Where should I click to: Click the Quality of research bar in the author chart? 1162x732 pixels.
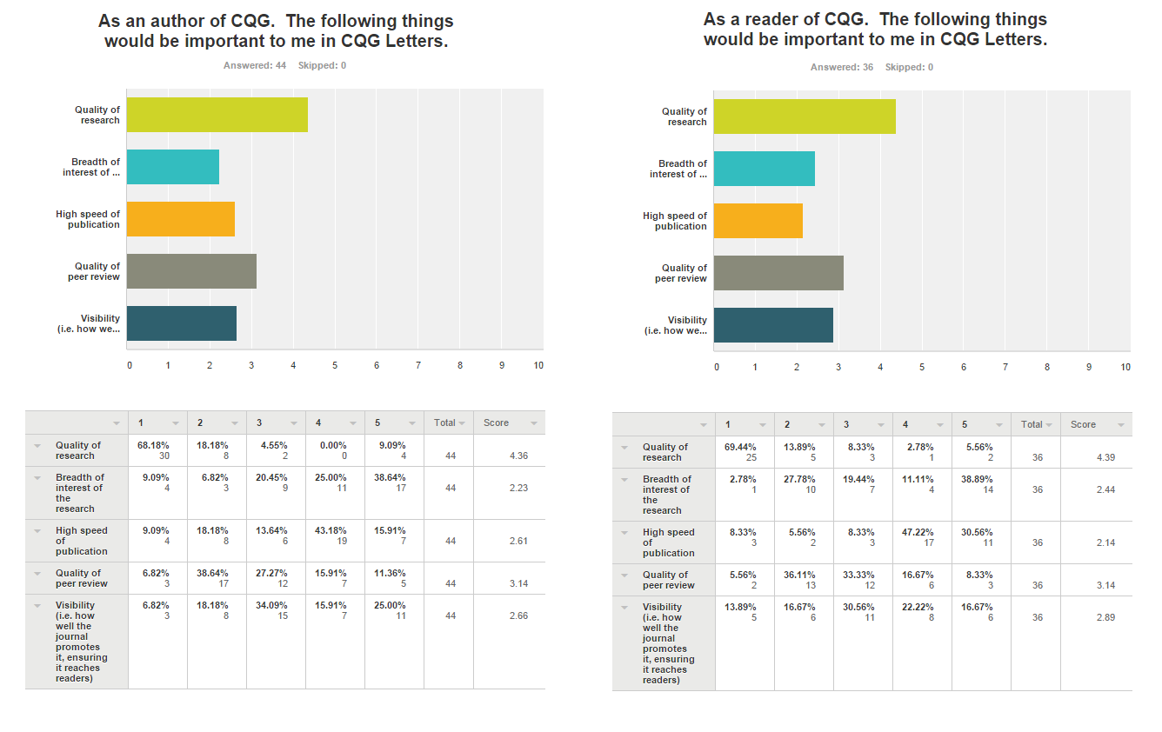click(x=217, y=115)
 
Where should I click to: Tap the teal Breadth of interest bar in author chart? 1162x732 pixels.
click(x=172, y=167)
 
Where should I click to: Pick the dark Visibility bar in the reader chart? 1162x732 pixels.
click(x=773, y=325)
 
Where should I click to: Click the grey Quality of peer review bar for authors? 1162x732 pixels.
click(x=191, y=271)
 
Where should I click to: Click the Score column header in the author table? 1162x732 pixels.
click(x=497, y=423)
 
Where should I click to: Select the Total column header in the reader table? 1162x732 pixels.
click(x=1032, y=424)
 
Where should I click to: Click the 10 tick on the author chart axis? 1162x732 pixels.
click(x=538, y=366)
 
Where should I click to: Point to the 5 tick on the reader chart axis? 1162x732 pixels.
click(x=921, y=368)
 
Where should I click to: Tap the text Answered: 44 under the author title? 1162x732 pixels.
click(x=255, y=65)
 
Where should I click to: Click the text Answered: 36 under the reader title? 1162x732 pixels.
click(x=842, y=67)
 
